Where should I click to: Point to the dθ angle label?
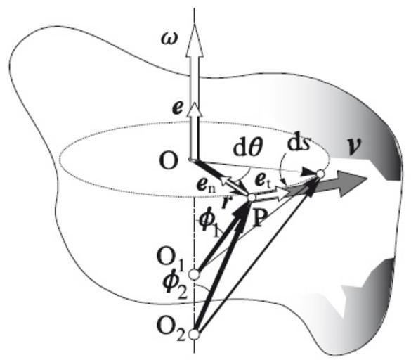[x=248, y=148]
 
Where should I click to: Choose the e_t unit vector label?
[x=262, y=181]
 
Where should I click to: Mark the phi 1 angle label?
[x=208, y=225]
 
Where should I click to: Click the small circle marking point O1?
[x=194, y=275]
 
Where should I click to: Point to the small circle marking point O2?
[x=194, y=335]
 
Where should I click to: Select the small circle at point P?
[x=251, y=198]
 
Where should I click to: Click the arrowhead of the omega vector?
[x=194, y=39]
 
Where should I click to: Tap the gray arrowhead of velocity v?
[x=352, y=183]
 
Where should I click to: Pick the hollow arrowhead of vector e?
[x=194, y=110]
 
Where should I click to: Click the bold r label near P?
[x=225, y=202]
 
